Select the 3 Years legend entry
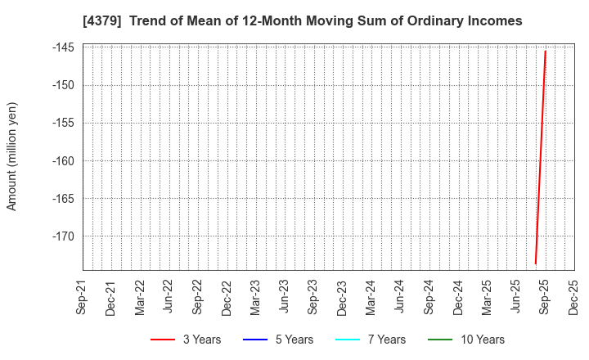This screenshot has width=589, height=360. click(x=186, y=340)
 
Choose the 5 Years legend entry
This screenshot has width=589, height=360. click(x=278, y=340)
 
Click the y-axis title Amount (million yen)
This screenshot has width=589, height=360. click(x=11, y=156)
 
